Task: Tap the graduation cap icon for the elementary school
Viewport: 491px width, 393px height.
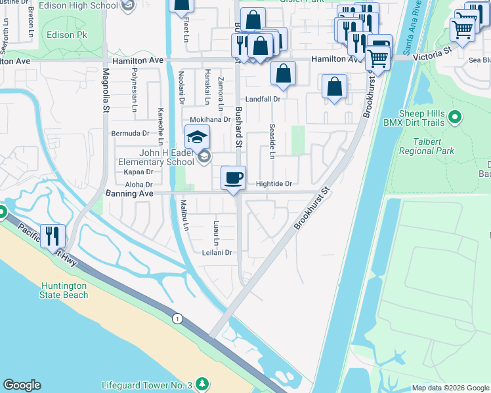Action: pos(197,138)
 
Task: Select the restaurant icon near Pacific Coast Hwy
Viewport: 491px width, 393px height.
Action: pos(53,237)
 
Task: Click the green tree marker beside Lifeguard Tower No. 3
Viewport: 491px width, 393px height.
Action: pos(203,383)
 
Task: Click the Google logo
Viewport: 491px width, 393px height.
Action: pos(22,385)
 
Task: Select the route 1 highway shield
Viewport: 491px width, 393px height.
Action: pos(177,318)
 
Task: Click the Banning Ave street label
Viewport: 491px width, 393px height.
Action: pos(129,194)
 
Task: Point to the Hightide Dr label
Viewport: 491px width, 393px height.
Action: pos(273,184)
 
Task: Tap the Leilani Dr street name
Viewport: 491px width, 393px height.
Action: pos(217,252)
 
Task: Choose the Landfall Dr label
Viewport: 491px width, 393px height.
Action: pos(263,99)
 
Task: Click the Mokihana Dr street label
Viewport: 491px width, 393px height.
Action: pos(210,120)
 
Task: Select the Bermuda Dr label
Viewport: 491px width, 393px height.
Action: pos(130,133)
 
